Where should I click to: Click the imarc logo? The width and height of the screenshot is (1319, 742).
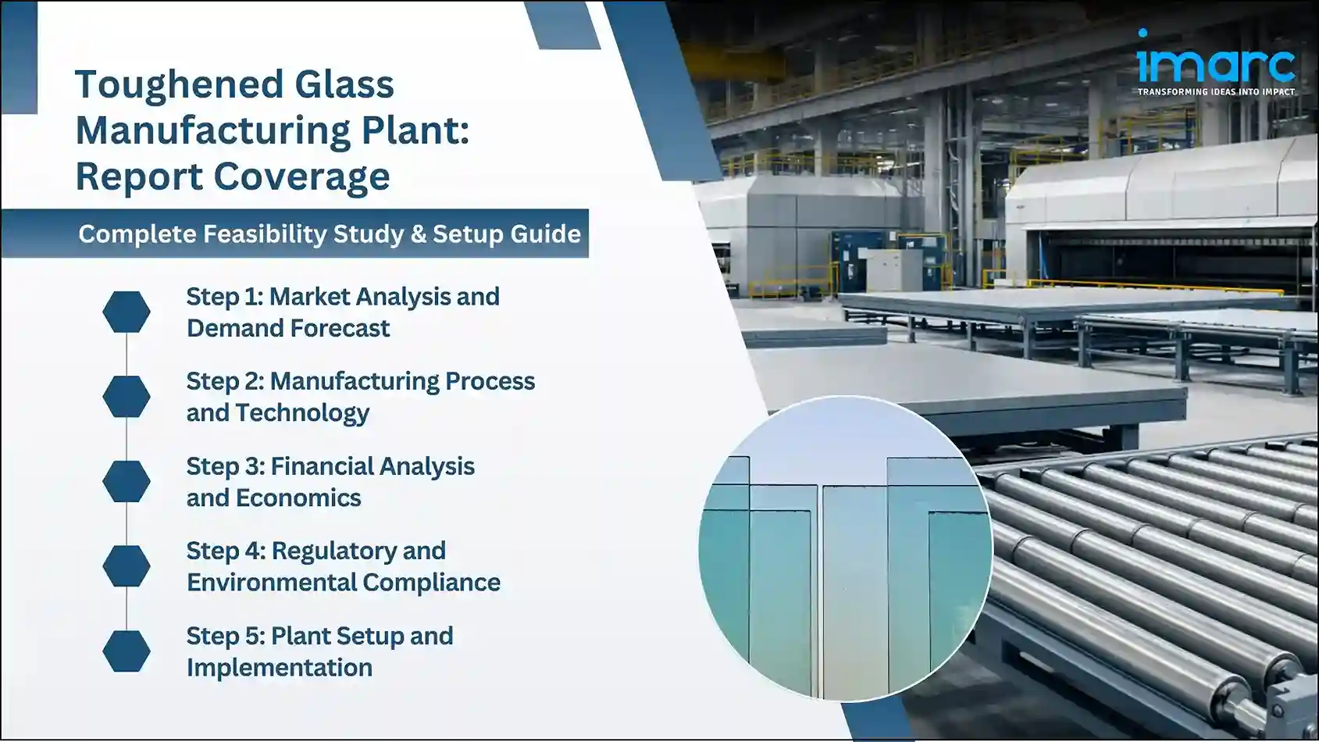point(1215,61)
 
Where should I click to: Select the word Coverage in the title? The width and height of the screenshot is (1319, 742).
point(301,177)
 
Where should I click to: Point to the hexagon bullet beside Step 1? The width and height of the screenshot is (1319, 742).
point(127,312)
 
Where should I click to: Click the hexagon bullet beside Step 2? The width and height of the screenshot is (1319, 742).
point(127,396)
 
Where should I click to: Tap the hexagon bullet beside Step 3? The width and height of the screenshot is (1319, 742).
point(127,481)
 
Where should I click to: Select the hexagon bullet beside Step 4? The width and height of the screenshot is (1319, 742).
point(127,565)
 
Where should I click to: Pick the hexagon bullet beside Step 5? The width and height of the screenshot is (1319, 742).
point(127,651)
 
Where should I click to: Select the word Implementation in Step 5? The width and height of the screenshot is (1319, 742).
point(279,668)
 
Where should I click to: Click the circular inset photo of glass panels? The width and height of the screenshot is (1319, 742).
point(845,548)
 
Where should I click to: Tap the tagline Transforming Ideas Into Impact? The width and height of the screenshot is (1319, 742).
point(1215,92)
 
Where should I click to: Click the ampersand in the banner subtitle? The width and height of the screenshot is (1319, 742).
point(418,234)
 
